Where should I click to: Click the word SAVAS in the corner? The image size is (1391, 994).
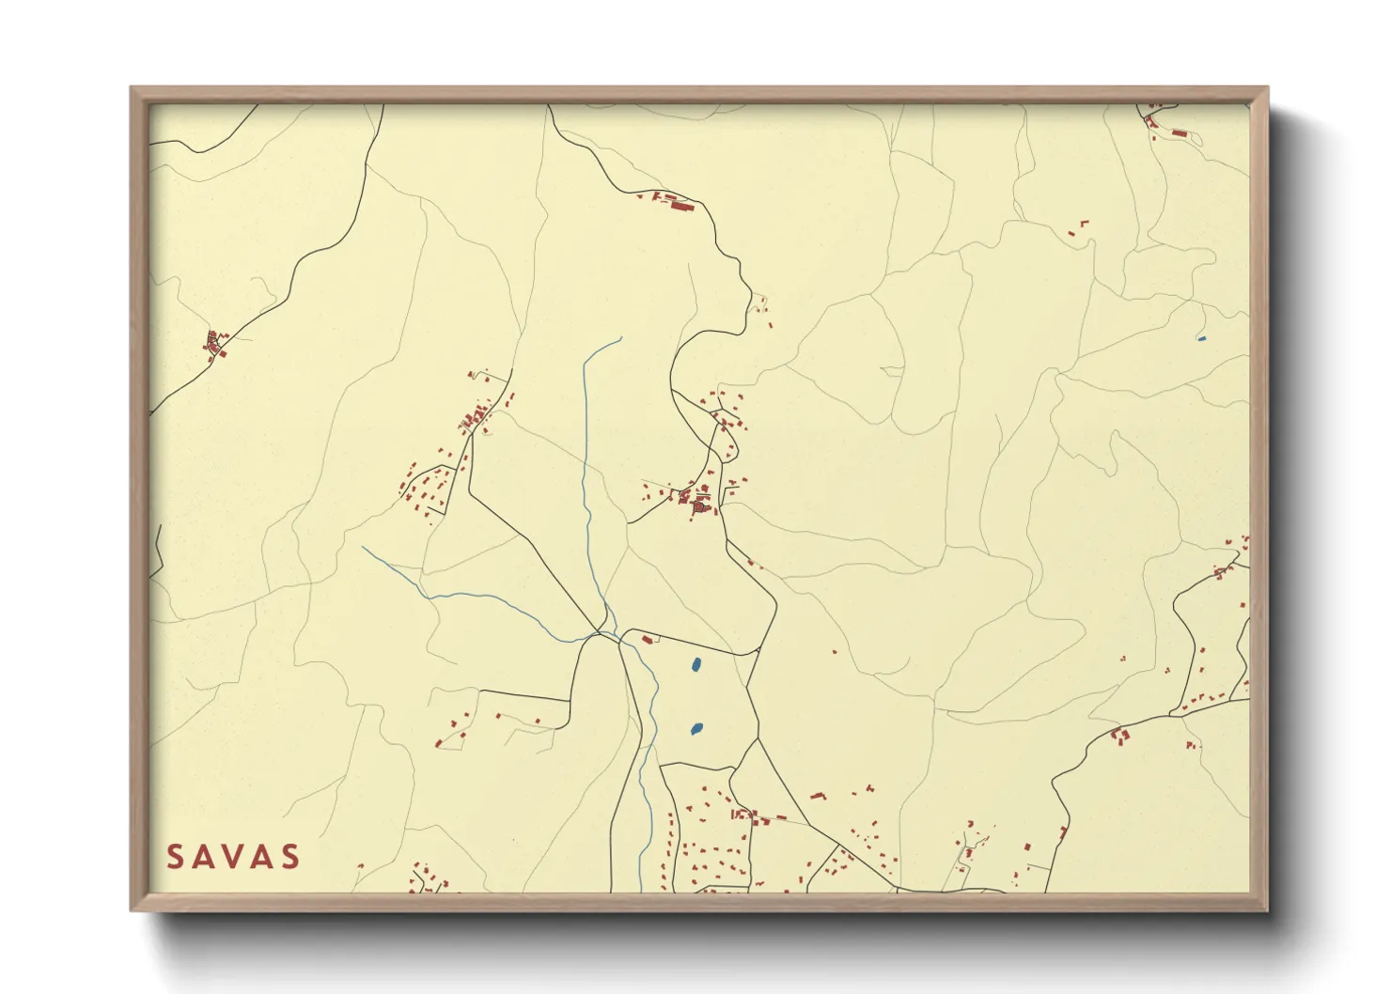(233, 856)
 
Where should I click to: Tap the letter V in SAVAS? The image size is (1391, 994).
(233, 856)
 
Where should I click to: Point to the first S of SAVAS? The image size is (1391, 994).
(175, 856)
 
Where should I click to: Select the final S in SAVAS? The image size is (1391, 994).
(290, 856)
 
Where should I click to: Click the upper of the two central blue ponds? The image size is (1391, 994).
(695, 665)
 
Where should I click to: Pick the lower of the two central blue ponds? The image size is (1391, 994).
(696, 728)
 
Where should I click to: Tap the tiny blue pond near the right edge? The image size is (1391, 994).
(1201, 338)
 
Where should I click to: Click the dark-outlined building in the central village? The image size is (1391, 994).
(699, 507)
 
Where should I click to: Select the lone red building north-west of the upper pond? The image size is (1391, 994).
(647, 640)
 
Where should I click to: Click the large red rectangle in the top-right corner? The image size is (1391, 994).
(1179, 133)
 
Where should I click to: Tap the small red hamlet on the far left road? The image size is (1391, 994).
(215, 344)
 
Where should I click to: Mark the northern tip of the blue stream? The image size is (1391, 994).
(621, 338)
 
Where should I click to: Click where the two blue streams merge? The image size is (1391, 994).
(602, 633)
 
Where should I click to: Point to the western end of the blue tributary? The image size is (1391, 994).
(363, 548)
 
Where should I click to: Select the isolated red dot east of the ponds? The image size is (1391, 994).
(834, 651)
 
